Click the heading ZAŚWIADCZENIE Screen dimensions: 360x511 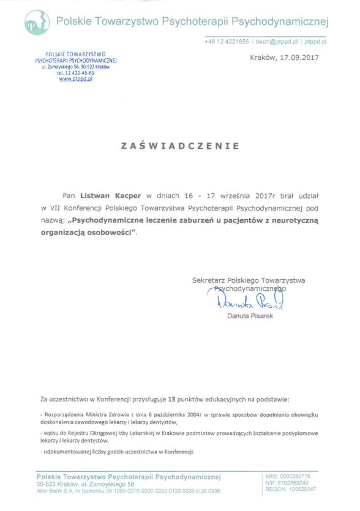pyautogui.click(x=180, y=146)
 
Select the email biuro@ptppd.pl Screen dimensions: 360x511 pyautogui.click(x=277, y=42)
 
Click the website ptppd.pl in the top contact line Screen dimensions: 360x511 pyautogui.click(x=316, y=42)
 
